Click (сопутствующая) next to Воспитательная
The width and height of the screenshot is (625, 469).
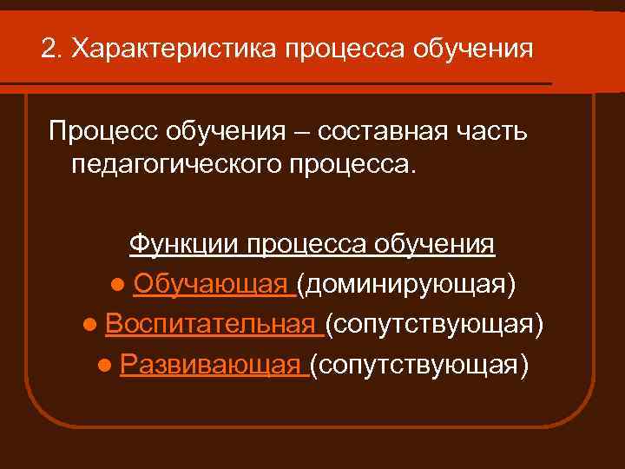[x=435, y=325]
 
